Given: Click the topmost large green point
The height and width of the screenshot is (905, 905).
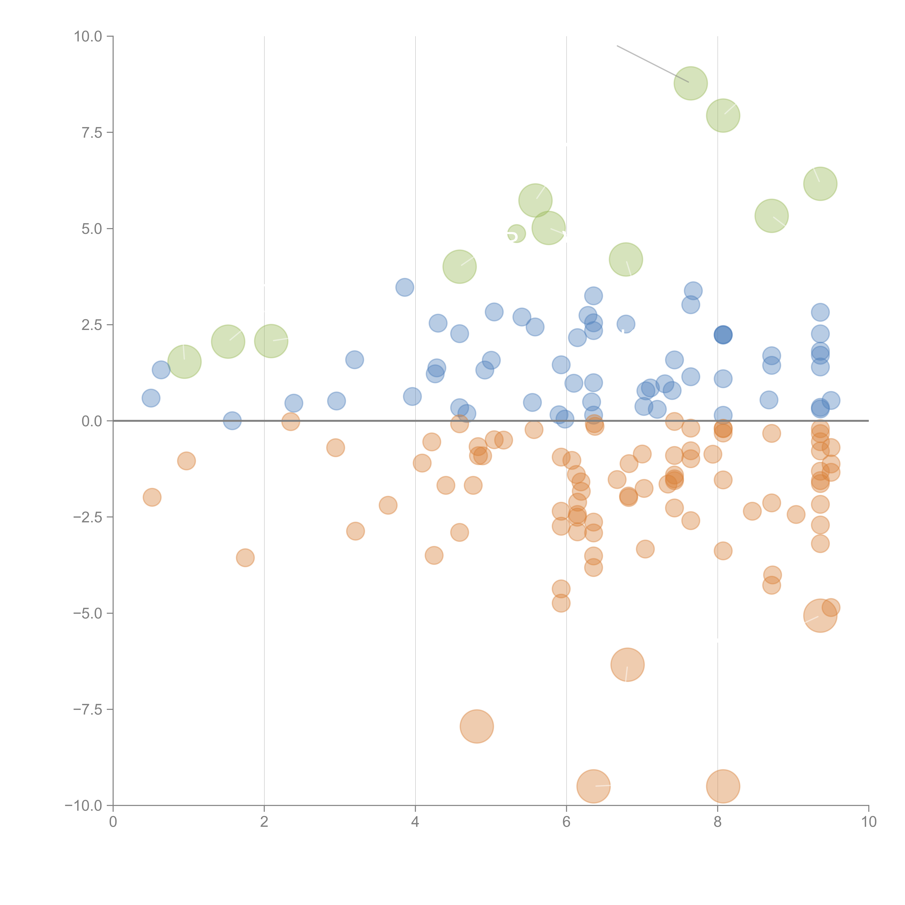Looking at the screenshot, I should point(691,83).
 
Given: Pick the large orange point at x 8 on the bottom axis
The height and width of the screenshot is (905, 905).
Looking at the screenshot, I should point(723,786).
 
